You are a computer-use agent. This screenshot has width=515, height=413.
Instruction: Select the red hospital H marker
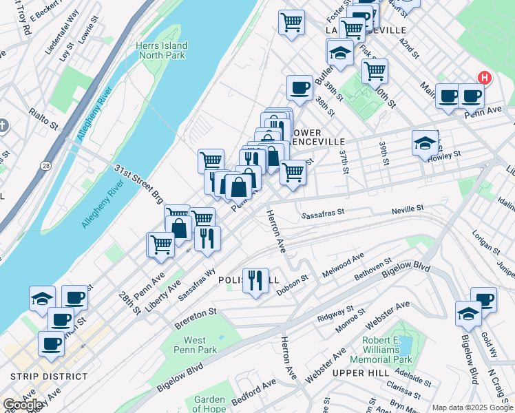tap(485, 78)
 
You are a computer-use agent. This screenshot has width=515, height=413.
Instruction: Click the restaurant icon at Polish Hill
tap(255, 281)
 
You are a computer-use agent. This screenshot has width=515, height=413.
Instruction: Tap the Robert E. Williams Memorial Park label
tap(381, 350)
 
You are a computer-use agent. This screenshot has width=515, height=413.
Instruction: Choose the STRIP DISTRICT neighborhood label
tap(49, 377)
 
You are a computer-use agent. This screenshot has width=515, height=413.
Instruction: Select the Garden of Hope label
tap(209, 404)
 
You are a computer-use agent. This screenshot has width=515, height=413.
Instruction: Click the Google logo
tap(23, 405)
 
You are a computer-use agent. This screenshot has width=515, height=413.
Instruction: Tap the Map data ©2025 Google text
tap(472, 407)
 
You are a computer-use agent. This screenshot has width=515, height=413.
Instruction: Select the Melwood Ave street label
tap(348, 266)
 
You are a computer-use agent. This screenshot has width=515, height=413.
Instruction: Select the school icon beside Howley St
tap(424, 143)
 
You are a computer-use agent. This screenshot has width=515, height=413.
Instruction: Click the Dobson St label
tap(292, 287)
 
